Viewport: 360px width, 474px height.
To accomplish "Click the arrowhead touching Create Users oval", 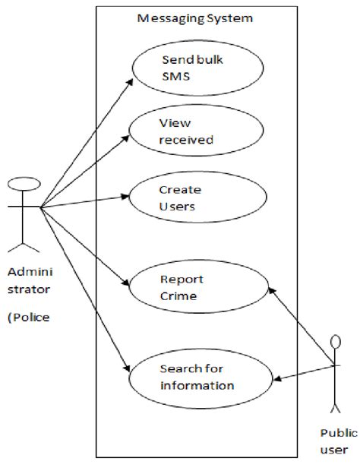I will [127, 196].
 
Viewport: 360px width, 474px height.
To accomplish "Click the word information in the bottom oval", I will [197, 385].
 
